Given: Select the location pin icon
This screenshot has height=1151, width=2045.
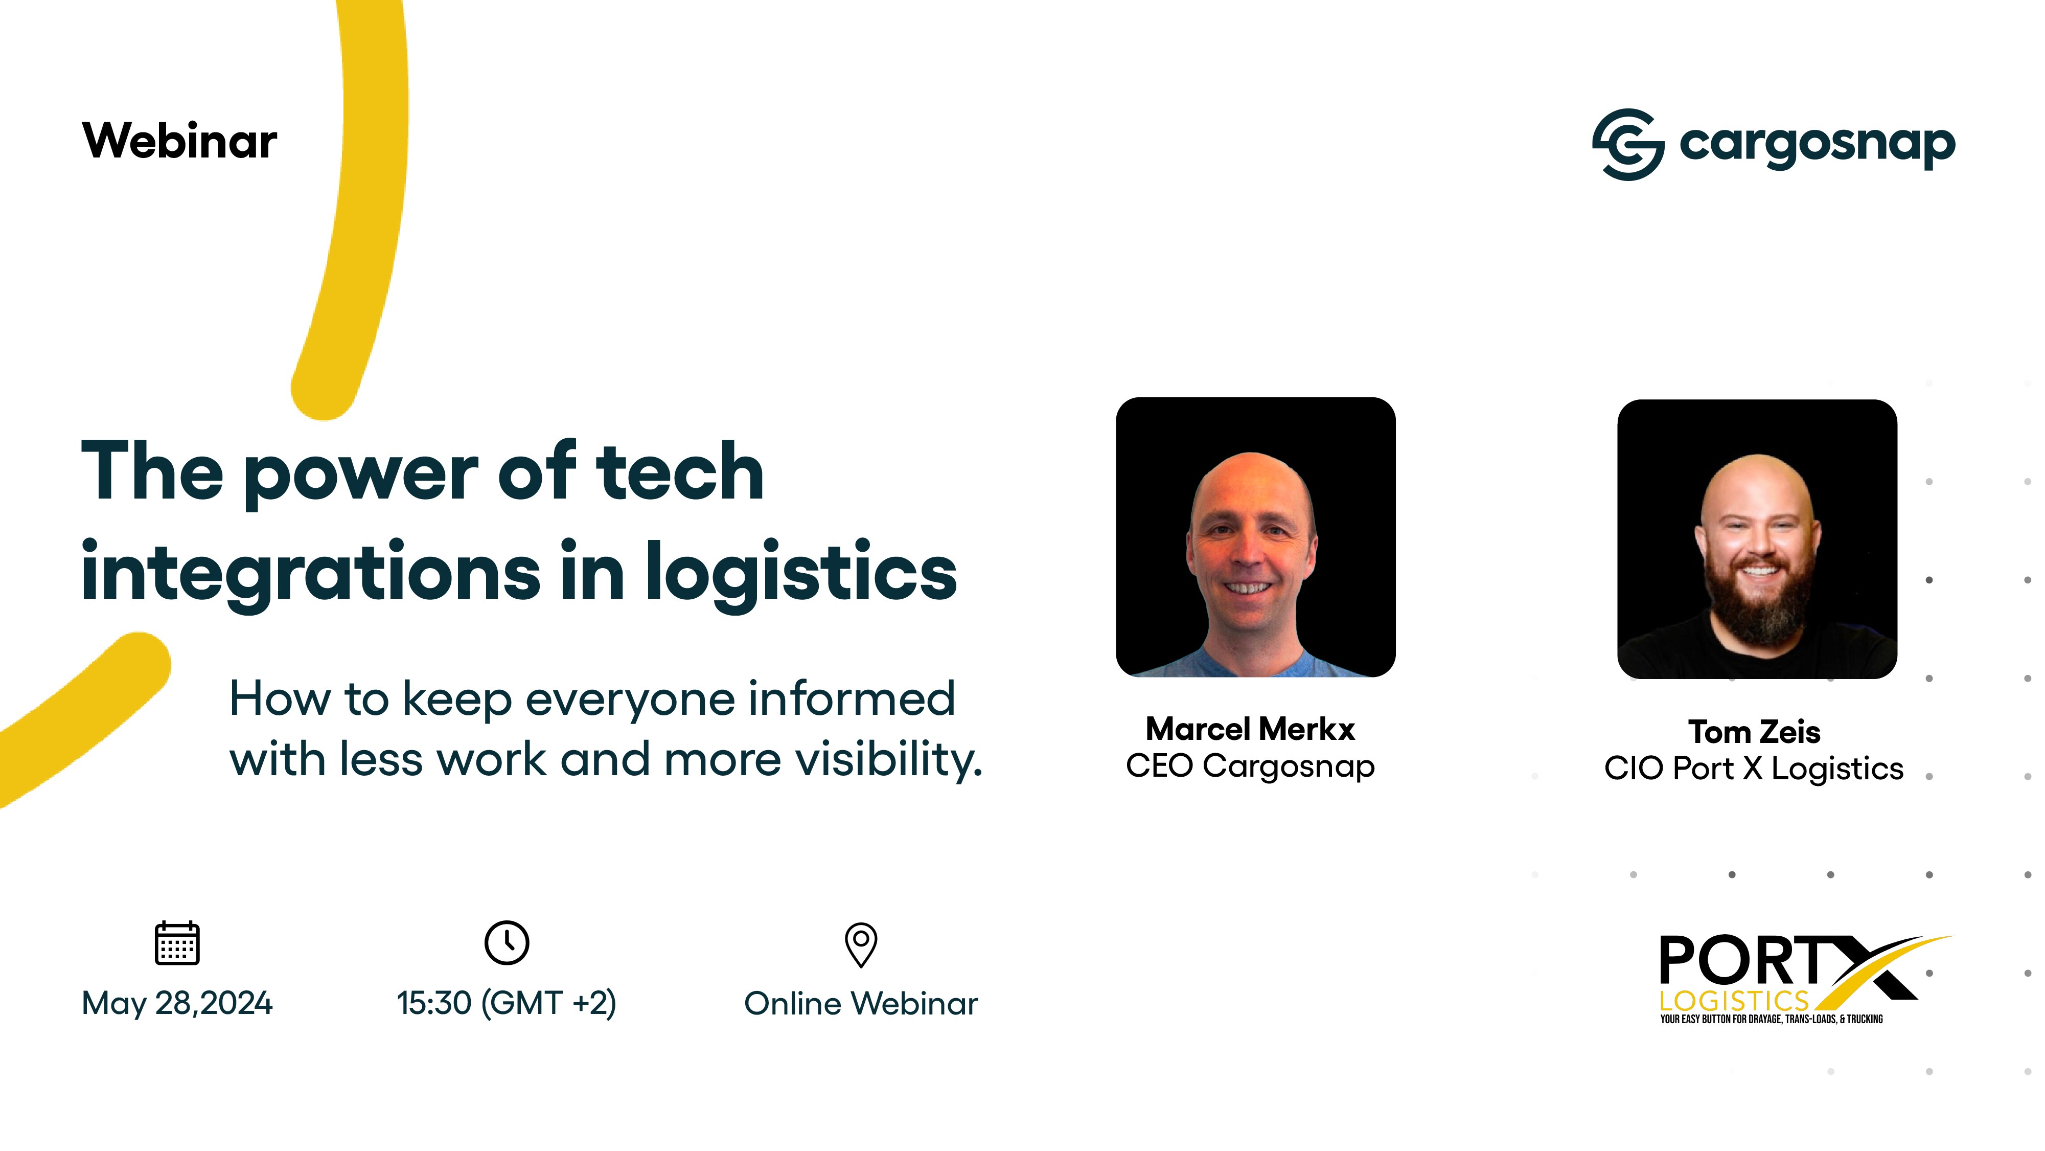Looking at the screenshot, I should tap(861, 944).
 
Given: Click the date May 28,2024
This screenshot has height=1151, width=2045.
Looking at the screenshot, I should tap(177, 1003).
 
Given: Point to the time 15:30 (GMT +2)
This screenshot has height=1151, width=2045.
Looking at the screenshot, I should tap(507, 1003).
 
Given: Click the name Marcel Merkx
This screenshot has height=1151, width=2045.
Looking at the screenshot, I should tap(1250, 729).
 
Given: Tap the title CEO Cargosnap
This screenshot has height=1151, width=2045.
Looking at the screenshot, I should tap(1250, 766).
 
